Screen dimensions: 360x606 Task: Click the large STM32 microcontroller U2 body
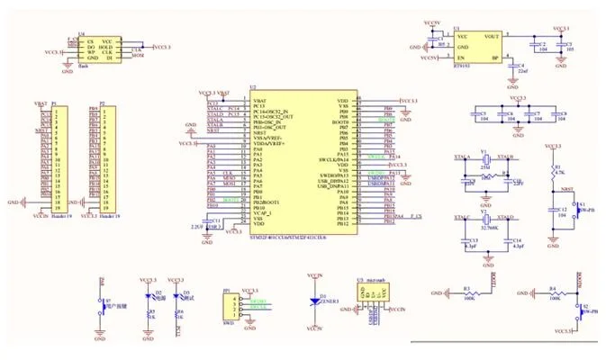(x=301, y=162)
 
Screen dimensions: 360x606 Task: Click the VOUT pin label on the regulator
(x=491, y=36)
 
